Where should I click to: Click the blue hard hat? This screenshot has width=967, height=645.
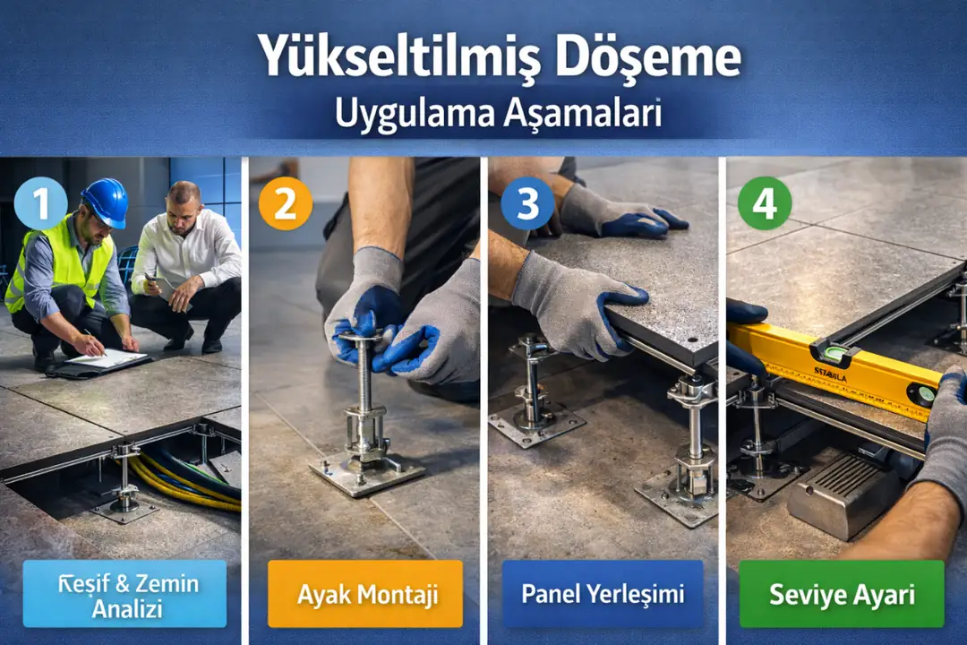click(x=105, y=202)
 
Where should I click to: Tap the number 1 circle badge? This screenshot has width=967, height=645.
click(x=40, y=205)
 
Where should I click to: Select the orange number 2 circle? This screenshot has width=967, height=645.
click(x=285, y=205)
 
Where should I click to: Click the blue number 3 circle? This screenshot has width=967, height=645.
click(x=526, y=205)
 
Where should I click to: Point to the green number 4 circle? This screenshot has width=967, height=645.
click(x=764, y=203)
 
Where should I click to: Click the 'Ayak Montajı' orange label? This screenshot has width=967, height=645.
click(x=365, y=594)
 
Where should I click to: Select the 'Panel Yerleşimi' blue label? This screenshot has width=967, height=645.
click(x=603, y=594)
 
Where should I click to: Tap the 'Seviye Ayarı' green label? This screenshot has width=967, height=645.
click(x=843, y=594)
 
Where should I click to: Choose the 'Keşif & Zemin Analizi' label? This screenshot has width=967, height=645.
click(x=124, y=594)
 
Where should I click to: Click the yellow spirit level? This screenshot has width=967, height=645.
click(x=833, y=367)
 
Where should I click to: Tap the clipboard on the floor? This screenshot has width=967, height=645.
click(x=106, y=359)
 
